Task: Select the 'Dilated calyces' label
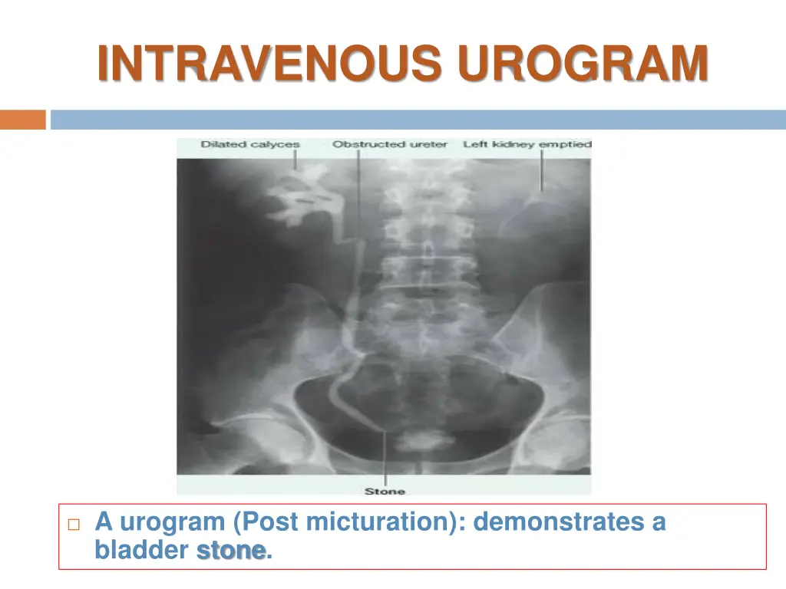[250, 144]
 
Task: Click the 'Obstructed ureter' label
[389, 144]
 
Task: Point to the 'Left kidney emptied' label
[527, 144]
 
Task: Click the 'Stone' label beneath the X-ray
[384, 491]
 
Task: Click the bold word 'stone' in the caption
[231, 551]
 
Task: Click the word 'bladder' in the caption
[142, 551]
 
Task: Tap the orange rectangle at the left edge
[23, 120]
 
